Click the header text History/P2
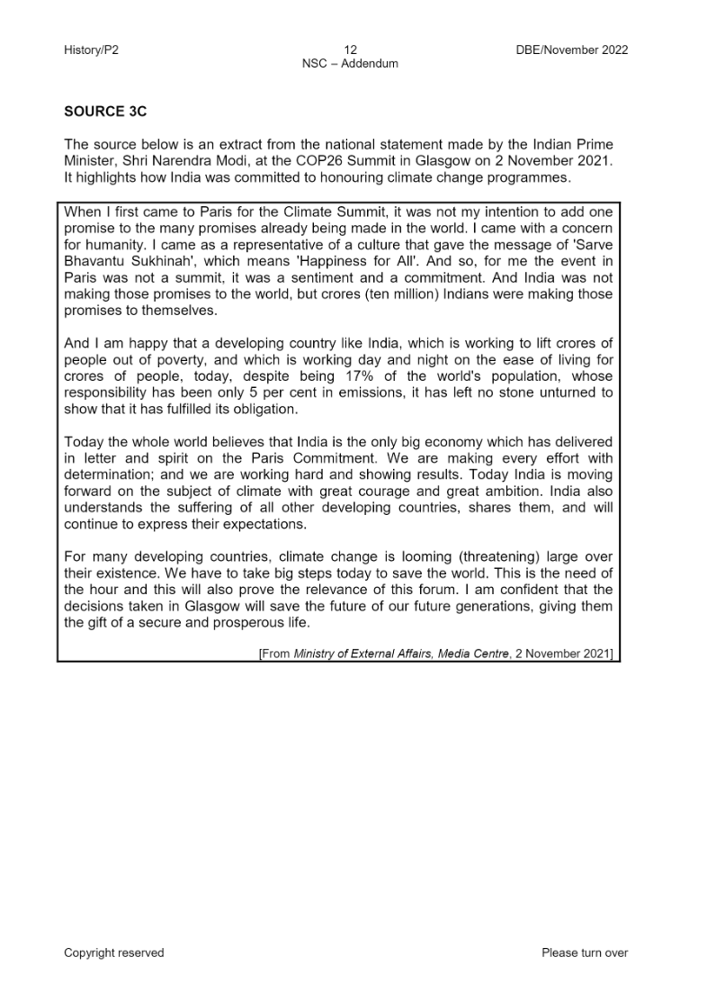click(91, 50)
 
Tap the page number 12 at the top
click(350, 50)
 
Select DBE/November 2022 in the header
click(566, 50)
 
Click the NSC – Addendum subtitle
click(350, 64)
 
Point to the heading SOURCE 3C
click(104, 112)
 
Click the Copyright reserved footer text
click(113, 952)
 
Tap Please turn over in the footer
click(585, 952)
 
